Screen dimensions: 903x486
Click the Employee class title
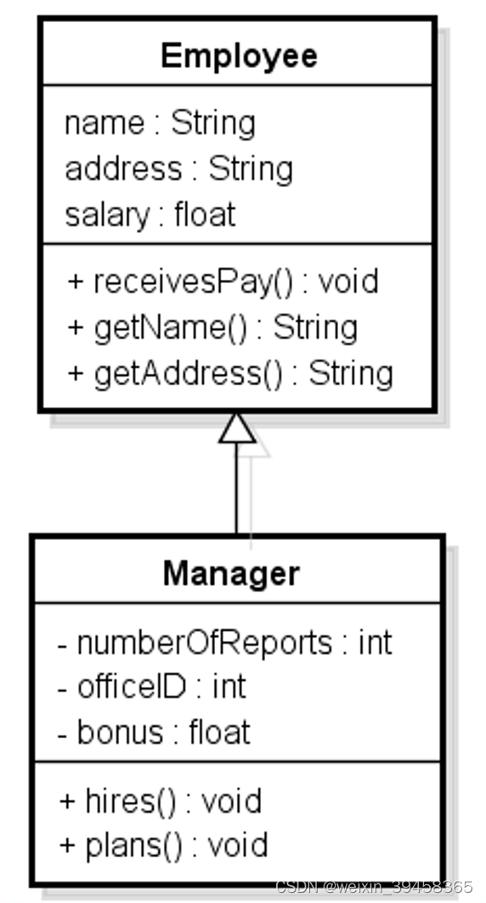(x=238, y=56)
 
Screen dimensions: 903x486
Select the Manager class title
(x=231, y=573)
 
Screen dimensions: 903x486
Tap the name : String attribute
(x=160, y=124)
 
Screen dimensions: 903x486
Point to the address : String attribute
(x=178, y=169)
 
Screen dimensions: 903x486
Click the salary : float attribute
(x=150, y=214)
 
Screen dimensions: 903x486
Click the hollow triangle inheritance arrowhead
(x=237, y=429)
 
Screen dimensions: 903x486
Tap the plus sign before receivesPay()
(x=75, y=282)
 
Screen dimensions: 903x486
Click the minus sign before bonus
(x=63, y=733)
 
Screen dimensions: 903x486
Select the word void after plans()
(x=238, y=845)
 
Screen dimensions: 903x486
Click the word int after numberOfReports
(x=375, y=642)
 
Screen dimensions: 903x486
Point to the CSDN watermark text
(x=374, y=886)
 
